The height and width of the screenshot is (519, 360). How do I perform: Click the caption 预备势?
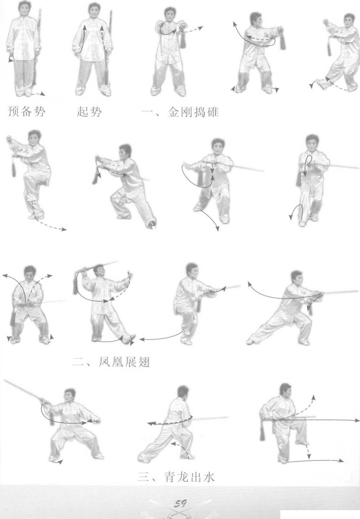[x=27, y=111]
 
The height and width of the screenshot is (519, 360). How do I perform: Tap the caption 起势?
[x=89, y=111]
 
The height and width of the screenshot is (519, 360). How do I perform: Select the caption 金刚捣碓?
[x=193, y=112]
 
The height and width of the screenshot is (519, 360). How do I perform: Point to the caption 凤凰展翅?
[x=124, y=362]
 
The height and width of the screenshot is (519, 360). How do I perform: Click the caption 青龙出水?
[x=189, y=477]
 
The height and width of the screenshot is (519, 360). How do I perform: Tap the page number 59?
[x=180, y=503]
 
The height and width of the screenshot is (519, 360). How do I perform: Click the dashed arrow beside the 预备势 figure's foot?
[x=38, y=94]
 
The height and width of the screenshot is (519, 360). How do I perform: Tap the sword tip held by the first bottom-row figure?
[x=5, y=381]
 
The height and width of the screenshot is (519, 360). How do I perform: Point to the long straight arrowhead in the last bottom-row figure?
[x=357, y=420]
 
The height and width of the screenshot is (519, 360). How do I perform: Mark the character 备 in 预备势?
[x=27, y=111]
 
